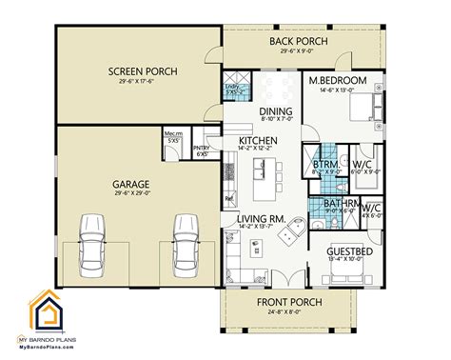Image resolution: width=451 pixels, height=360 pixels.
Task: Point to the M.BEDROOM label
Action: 338,81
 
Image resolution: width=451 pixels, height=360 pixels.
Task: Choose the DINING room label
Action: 275,110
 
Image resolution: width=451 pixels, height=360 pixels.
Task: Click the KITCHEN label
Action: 258,141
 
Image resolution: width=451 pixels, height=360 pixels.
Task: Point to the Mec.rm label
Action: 174,133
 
